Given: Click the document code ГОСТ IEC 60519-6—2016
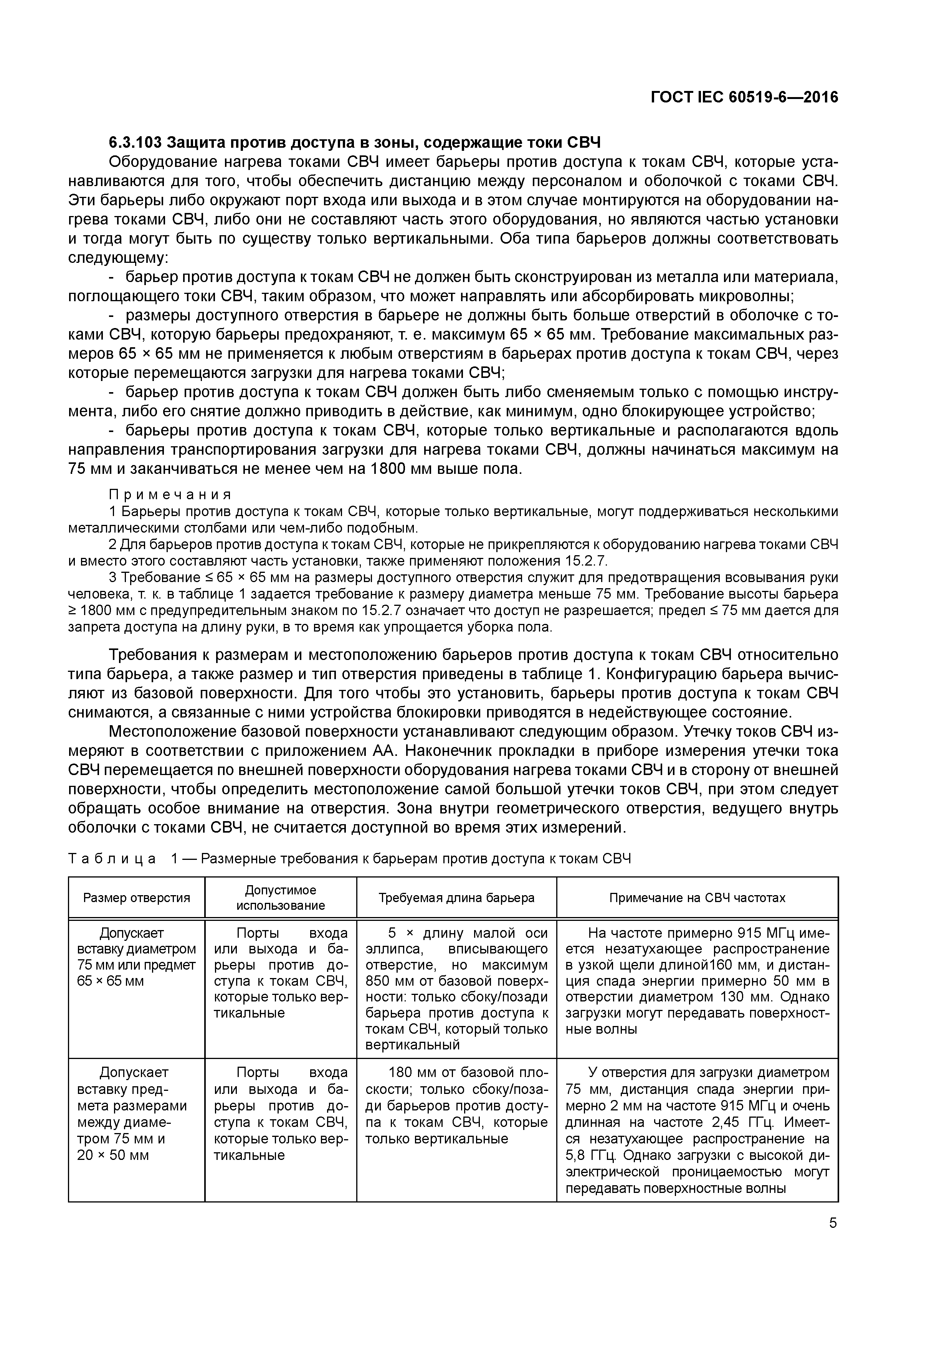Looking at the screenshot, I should point(744,97).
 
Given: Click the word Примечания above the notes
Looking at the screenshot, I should point(170,494).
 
